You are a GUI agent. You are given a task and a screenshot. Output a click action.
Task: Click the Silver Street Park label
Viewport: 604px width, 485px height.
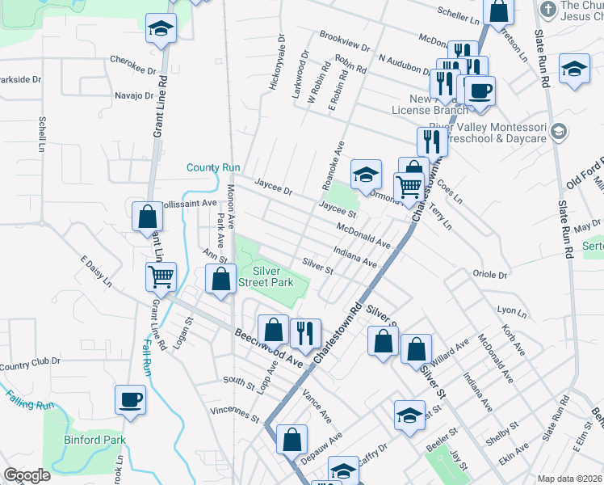coord(271,277)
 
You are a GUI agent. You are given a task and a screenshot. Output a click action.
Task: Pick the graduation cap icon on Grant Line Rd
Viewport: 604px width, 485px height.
coord(161,28)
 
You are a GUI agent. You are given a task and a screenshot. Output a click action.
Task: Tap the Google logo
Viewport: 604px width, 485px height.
coord(27,475)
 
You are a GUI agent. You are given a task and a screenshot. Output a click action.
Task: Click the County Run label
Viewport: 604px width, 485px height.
coord(213,167)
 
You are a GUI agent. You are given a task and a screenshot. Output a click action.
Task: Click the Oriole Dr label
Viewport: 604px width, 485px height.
coord(489,275)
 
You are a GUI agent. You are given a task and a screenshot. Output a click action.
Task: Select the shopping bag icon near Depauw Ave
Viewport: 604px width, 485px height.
coord(292,440)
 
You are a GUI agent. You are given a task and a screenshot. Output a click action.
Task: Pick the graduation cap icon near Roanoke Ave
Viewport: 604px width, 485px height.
coord(365,174)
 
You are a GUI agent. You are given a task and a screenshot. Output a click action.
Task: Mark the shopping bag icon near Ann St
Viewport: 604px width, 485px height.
coord(220,281)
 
